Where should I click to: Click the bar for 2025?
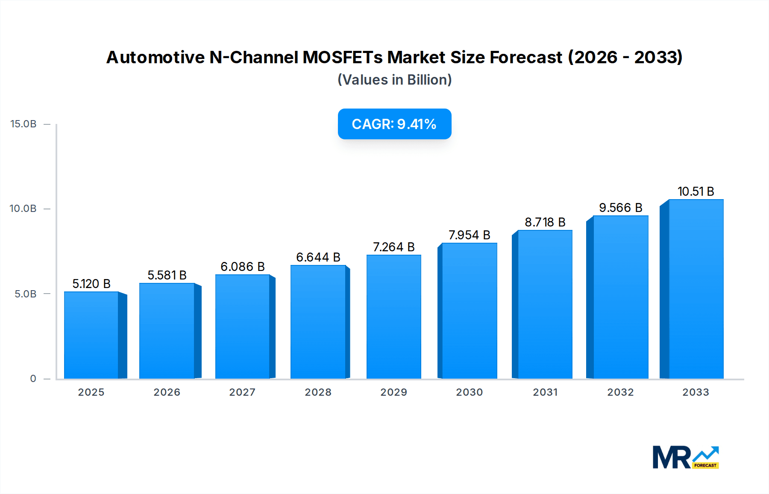[x=91, y=335]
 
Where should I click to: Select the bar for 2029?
[x=393, y=317]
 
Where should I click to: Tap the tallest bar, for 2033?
[x=696, y=289]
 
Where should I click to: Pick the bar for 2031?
[x=545, y=305]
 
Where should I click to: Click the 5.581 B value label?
[x=167, y=275]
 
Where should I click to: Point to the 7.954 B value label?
[x=469, y=235]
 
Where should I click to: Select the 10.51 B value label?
[x=696, y=191]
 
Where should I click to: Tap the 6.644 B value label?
[x=318, y=257]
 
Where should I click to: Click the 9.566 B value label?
[x=620, y=208]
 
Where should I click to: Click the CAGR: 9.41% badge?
[x=394, y=124]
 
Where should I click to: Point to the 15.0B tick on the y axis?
[x=23, y=124]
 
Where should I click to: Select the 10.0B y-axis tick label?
[x=23, y=209]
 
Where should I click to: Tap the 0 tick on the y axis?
[x=33, y=379]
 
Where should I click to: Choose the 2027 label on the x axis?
[x=242, y=392]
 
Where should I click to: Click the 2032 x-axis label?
[x=620, y=392]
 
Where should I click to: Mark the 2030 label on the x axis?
[x=469, y=392]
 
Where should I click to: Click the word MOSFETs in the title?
[x=343, y=57]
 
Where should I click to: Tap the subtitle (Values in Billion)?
[x=394, y=80]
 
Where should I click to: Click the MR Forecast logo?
[x=685, y=457]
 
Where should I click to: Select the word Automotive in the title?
[x=156, y=57]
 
